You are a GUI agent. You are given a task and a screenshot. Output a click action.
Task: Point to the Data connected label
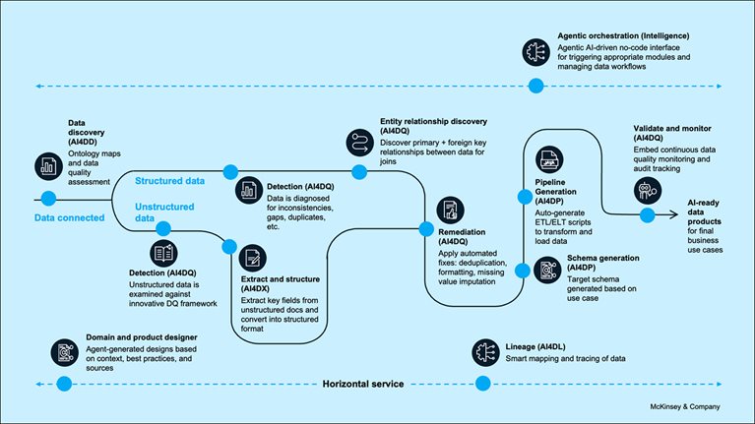[69, 217]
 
